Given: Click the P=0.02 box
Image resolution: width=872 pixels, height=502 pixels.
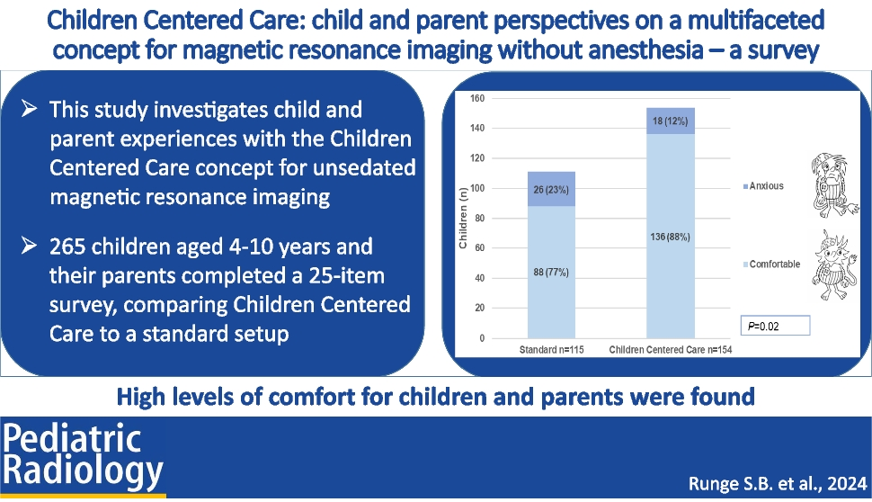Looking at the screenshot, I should pos(774,326).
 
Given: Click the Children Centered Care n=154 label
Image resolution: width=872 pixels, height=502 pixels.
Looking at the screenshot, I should pos(671,347).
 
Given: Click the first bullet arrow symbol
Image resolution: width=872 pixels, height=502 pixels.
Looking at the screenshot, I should pos(29,110).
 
